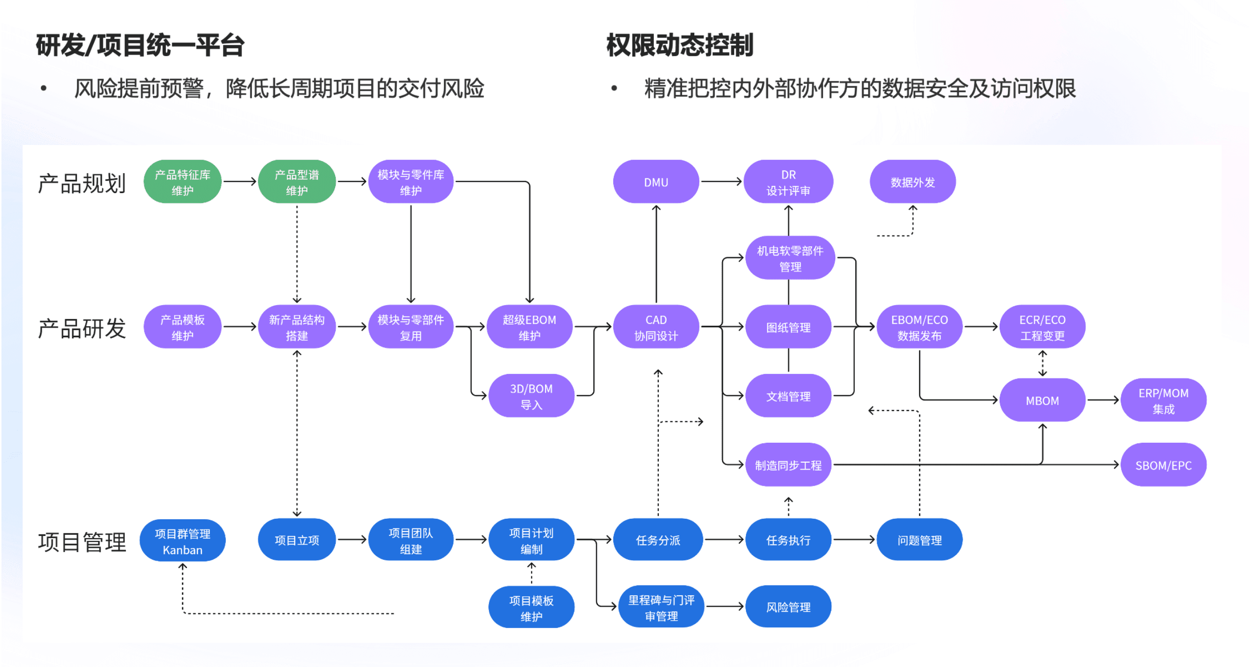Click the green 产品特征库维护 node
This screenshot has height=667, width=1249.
pos(182,182)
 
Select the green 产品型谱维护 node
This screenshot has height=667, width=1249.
pos(297,182)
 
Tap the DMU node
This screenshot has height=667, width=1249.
pos(656,182)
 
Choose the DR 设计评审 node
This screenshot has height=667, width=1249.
pos(788,182)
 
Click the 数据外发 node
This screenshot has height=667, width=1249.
pos(912,182)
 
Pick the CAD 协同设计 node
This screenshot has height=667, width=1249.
pos(656,327)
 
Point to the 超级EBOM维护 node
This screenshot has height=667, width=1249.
pos(529,327)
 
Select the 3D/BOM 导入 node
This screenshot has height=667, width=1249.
pos(531,396)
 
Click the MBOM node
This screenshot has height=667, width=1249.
pos(1042,400)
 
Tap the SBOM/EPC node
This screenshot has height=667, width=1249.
pos(1164,465)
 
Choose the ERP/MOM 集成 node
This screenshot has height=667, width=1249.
pos(1164,400)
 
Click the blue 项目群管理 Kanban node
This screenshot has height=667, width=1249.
pos(182,541)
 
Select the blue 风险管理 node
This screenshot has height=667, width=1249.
pos(788,607)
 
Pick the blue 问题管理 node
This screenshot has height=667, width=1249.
pos(920,540)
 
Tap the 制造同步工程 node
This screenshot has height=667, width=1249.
pos(788,465)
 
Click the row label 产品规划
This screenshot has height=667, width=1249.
pos(82,183)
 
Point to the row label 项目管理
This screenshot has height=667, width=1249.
pos(82,542)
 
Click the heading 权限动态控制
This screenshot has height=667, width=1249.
pos(680,45)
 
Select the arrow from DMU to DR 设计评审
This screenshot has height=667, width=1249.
pos(721,181)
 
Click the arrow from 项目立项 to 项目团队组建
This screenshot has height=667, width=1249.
pos(352,539)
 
